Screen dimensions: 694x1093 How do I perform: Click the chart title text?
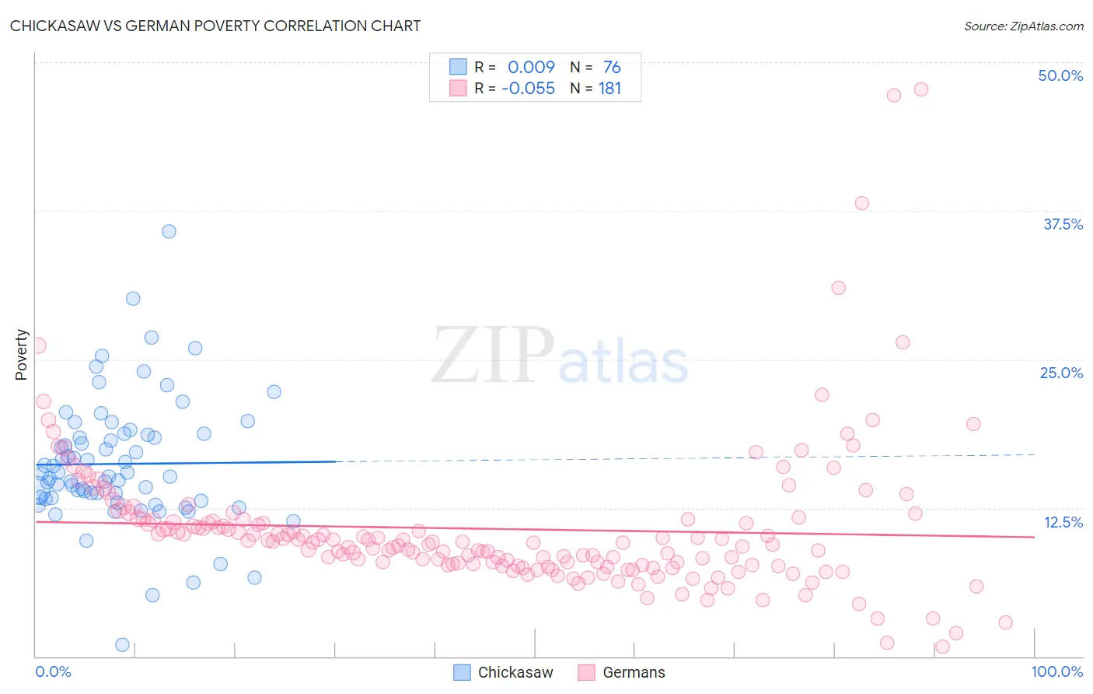pos(215,26)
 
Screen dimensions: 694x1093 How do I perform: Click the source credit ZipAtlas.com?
pos(1023,26)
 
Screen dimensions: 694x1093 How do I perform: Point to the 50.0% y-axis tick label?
pos(1060,75)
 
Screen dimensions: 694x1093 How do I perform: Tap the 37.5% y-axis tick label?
pos(1063,224)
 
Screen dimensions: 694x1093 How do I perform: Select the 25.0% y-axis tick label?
pos(1061,373)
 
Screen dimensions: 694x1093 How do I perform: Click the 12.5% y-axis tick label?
pos(1063,522)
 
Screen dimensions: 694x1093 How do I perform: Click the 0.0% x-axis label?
pos(53,671)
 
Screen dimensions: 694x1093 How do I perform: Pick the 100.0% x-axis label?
pos(1056,671)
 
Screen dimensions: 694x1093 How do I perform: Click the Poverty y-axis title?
pos(21,355)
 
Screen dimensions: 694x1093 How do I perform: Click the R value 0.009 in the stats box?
pos(531,67)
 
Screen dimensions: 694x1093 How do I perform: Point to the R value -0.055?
pos(528,88)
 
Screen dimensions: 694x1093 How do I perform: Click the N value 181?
pos(609,88)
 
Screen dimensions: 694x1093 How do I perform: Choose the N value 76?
pos(612,67)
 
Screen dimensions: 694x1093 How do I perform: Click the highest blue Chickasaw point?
pos(169,231)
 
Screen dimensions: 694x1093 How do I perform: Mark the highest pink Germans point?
pos(921,89)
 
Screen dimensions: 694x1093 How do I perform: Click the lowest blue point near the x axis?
pos(122,644)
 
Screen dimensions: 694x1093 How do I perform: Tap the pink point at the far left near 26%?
pos(38,345)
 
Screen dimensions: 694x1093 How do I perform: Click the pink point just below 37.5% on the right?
pos(861,203)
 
